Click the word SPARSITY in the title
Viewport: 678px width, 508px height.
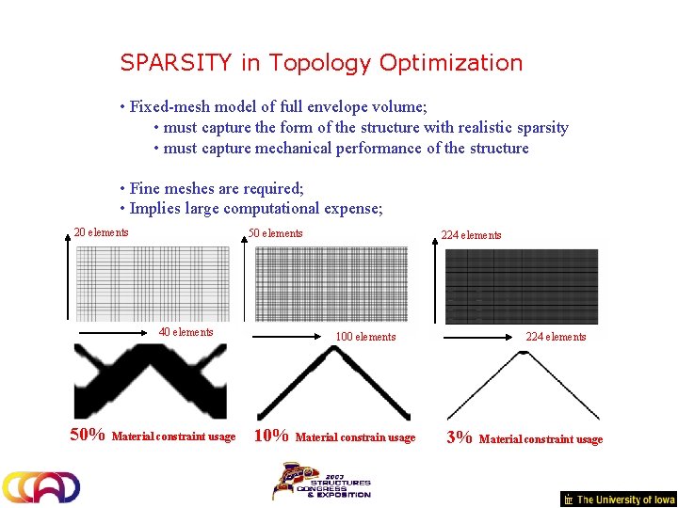pos(175,63)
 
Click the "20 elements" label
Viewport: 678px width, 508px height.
pos(102,232)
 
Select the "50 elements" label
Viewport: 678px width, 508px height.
pos(275,233)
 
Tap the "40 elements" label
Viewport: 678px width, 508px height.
pos(186,331)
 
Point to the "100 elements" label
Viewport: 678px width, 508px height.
pos(365,337)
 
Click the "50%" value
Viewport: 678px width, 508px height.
pos(88,435)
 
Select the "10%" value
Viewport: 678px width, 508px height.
pos(271,436)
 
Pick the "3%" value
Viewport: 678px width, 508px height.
pos(459,437)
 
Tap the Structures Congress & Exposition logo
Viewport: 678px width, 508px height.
pos(321,480)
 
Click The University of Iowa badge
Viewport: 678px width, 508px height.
pos(618,500)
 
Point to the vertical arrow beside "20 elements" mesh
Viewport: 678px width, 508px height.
pos(68,278)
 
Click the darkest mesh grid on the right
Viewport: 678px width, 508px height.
pos(521,286)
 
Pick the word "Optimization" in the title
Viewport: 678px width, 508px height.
pos(450,63)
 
